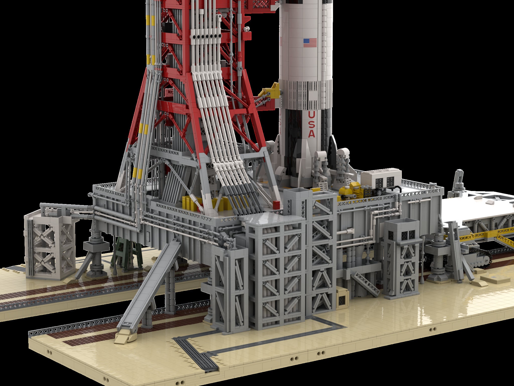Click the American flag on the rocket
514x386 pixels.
coord(310,43)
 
